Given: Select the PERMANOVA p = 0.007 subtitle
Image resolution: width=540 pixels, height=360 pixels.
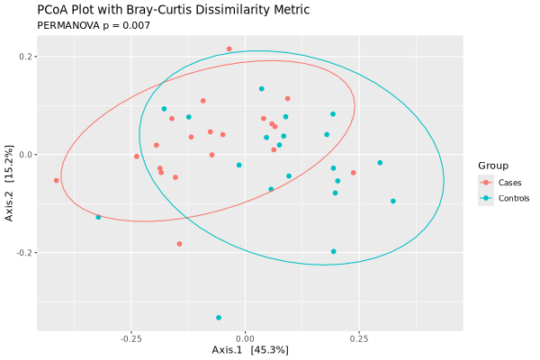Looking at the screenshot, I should click(x=94, y=25).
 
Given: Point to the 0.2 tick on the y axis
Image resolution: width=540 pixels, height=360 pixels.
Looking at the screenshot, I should click(x=25, y=57).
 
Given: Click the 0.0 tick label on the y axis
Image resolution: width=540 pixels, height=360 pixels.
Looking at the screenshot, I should click(x=25, y=155).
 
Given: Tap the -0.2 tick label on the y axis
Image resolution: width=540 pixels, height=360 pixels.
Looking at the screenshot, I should click(x=23, y=253).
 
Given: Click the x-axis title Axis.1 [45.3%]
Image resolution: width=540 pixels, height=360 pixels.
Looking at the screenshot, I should click(x=249, y=349).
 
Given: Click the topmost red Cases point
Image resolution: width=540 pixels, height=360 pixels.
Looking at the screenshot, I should click(x=229, y=49).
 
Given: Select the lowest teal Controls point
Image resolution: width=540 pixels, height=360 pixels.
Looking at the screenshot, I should click(x=219, y=318).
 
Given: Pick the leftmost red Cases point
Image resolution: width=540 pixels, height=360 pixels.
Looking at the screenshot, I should click(x=57, y=181).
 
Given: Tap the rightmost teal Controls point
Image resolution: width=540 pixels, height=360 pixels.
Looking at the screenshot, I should click(x=393, y=202).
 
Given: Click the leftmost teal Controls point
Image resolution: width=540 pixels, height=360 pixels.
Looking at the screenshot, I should click(x=98, y=217).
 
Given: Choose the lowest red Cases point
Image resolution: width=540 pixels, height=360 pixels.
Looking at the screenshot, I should click(x=179, y=244).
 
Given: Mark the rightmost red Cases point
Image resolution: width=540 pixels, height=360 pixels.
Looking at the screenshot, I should click(x=354, y=173).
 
